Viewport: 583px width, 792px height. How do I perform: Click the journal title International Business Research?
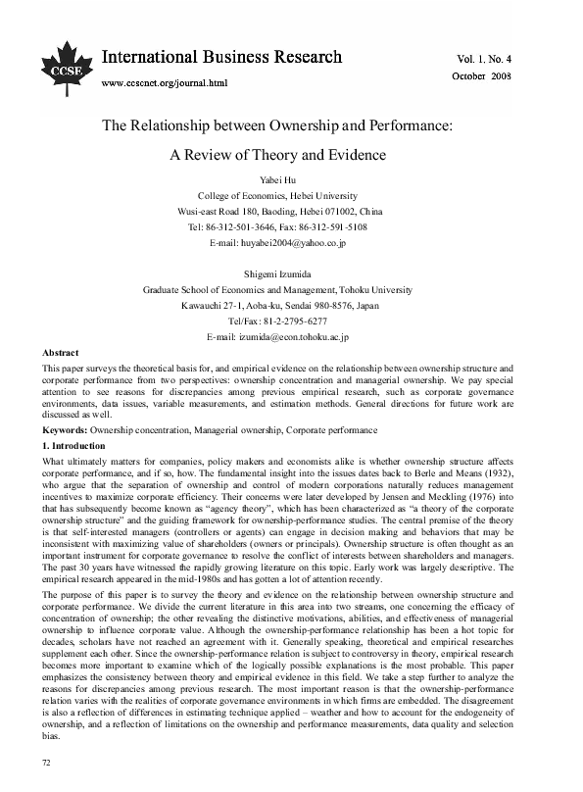click(x=221, y=58)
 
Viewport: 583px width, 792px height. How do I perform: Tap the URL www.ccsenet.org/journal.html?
click(x=165, y=83)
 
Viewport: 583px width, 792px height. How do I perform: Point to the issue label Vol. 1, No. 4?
click(x=512, y=59)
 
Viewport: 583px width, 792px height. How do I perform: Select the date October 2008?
click(x=510, y=75)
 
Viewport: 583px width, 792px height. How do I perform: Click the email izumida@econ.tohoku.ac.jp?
click(x=290, y=336)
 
